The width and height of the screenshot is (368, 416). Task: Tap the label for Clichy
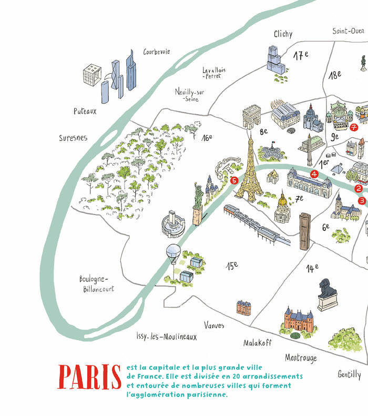click(283, 34)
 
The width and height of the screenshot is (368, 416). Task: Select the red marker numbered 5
click(234, 180)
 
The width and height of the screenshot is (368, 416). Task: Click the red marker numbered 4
click(314, 174)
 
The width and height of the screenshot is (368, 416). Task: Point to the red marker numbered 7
click(354, 127)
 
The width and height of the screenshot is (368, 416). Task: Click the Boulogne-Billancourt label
click(97, 283)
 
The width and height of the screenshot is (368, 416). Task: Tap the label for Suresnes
click(73, 138)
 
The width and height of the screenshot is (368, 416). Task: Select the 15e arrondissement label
click(232, 266)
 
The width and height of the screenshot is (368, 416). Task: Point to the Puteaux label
click(86, 111)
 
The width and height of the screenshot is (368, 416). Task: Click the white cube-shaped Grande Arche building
click(92, 75)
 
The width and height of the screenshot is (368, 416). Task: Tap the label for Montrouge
click(301, 358)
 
